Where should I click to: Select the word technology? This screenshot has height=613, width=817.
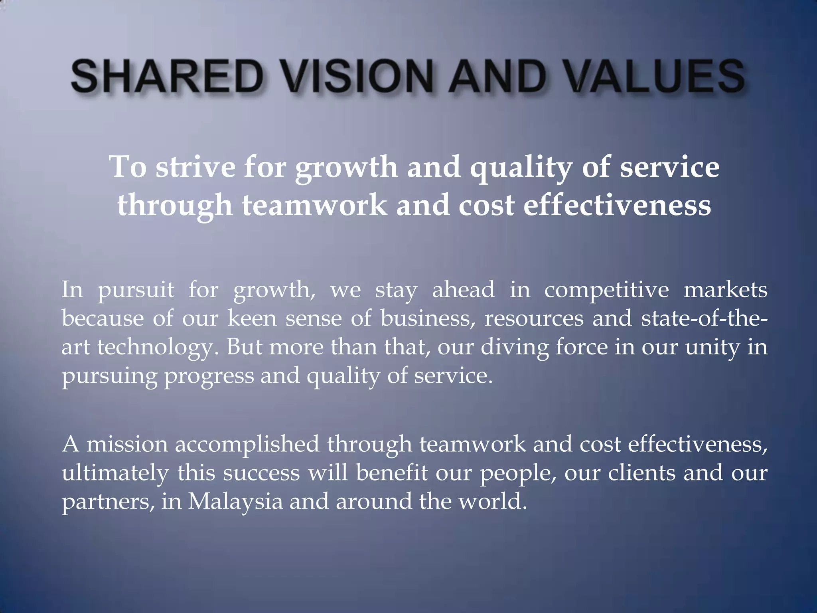coord(160,347)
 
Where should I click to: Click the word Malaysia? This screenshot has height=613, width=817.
coord(235,502)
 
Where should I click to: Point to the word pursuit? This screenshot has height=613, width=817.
coord(136,290)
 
